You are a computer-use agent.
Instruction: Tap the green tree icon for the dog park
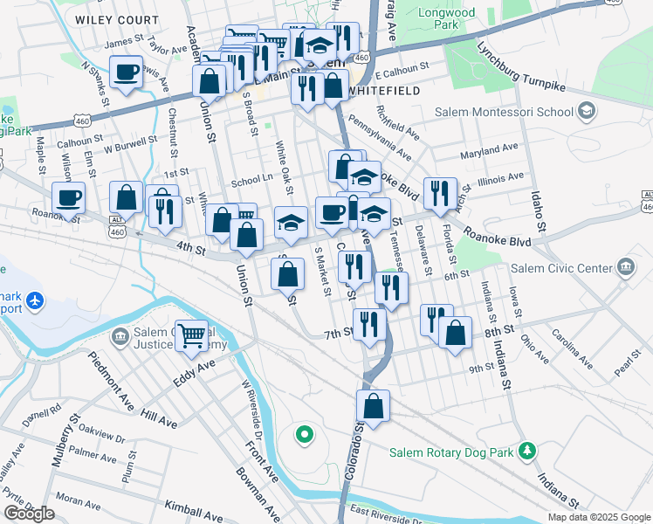click(526, 450)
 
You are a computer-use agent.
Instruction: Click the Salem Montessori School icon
click(587, 112)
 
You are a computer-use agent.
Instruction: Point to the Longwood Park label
click(471, 19)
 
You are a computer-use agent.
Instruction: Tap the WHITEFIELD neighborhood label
click(385, 90)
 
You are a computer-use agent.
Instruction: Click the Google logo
click(29, 514)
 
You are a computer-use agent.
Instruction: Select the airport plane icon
click(35, 301)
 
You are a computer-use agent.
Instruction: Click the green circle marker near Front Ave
click(304, 432)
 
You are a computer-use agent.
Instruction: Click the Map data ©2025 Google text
click(598, 517)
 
